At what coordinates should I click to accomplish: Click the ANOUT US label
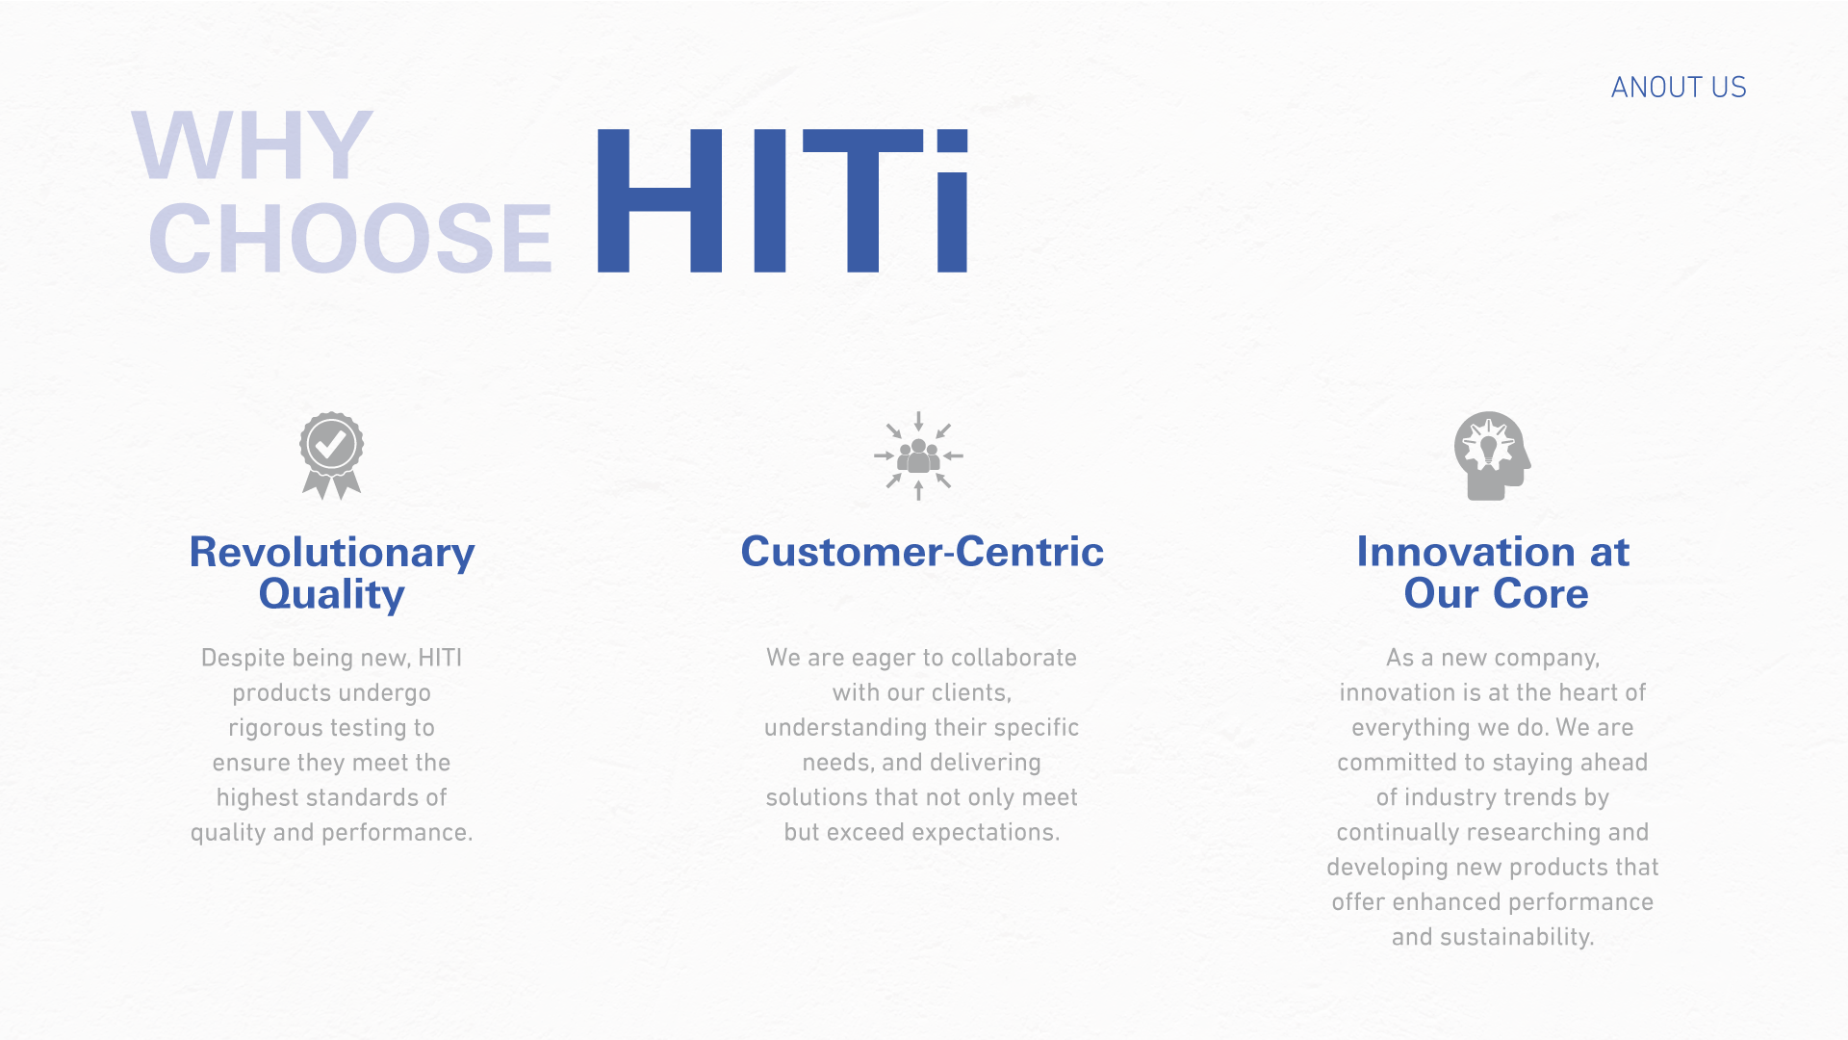pos(1679,88)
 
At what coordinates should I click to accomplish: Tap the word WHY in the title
pos(252,145)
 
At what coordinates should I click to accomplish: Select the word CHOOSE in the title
pos(350,238)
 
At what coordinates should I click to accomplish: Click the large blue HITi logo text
pos(782,200)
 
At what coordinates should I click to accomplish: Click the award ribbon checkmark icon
pos(332,455)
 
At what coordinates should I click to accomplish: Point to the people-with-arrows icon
pos(919,455)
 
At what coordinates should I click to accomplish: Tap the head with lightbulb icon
pos(1492,455)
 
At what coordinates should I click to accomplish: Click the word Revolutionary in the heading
pos(332,552)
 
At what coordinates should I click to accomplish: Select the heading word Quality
pos(332,594)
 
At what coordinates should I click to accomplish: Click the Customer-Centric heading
pos(922,552)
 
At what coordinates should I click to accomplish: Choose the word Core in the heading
pos(1542,593)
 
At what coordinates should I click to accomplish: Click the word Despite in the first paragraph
pos(243,659)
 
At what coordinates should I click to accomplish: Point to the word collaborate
pos(1014,658)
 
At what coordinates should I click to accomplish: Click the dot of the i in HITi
pos(952,141)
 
